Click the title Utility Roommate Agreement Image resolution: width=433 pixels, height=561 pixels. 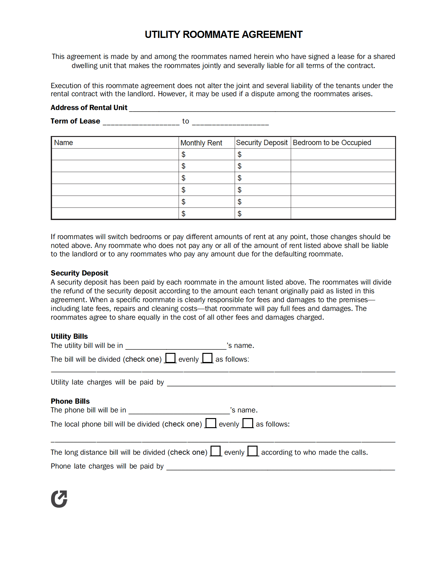coord(223,34)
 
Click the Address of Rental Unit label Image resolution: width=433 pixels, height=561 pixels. coord(89,107)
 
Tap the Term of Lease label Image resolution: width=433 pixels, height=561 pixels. coord(75,121)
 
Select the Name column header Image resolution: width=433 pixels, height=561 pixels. coord(64,143)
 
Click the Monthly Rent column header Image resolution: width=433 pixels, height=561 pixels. coord(201,143)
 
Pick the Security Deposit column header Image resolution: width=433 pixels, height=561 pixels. coord(262,143)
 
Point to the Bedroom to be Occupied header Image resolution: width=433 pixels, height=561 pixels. coord(332,143)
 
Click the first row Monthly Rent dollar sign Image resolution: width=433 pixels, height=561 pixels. coord(183,155)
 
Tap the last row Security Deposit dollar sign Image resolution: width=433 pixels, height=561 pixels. coord(239,214)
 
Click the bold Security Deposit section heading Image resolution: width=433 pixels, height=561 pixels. coord(80,273)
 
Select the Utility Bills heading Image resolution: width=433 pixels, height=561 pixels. coord(69,336)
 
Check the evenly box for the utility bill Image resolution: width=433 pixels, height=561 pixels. coord(170,358)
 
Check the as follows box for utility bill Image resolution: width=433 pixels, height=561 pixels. coord(207,358)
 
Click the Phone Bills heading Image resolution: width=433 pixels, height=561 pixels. coord(70,401)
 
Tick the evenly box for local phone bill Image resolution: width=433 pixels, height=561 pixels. coord(211,423)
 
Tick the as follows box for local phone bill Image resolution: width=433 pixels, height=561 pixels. coord(248,423)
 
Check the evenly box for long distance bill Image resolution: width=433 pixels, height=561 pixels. coord(216,451)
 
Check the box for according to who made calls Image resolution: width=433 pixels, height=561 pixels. coord(253,451)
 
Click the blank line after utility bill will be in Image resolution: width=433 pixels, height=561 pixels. coord(176,346)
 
